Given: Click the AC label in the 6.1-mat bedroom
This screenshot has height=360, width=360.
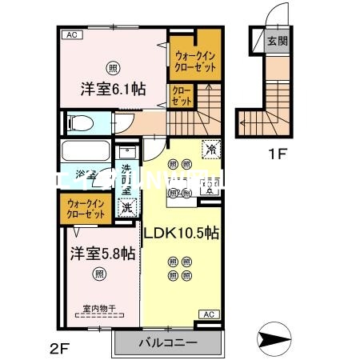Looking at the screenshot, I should click(x=71, y=34).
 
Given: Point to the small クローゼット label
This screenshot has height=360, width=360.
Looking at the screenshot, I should click(x=181, y=97).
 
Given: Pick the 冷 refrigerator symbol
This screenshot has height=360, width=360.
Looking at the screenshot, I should click(x=210, y=149).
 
